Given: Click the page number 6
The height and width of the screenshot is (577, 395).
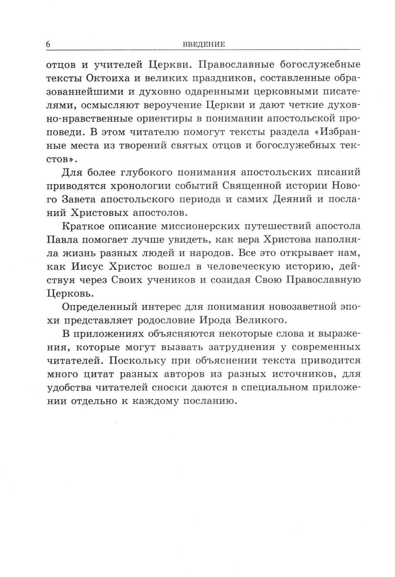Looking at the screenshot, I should [x=48, y=44].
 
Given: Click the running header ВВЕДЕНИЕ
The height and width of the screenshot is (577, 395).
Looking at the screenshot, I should [x=204, y=45].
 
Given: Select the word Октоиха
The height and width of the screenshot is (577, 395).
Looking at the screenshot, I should [x=111, y=78].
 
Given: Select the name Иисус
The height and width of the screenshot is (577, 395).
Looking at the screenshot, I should [x=90, y=267].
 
